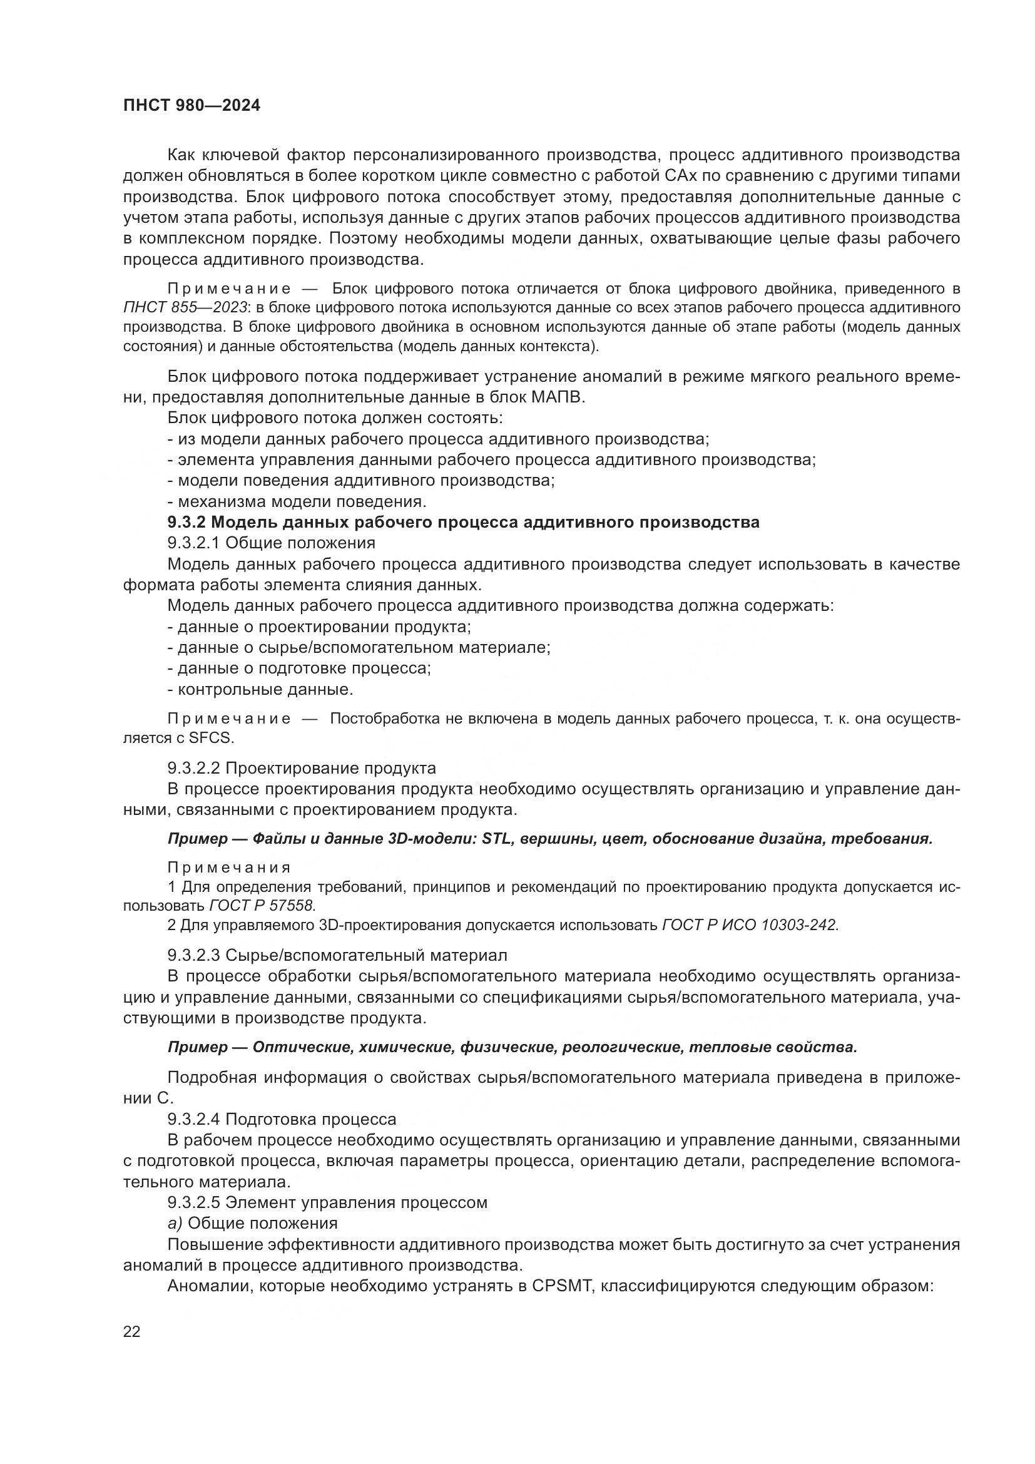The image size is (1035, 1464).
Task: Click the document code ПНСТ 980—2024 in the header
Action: (192, 106)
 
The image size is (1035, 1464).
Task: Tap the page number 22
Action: (132, 1332)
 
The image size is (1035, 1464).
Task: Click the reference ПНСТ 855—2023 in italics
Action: (185, 307)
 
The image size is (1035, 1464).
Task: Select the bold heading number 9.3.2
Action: (186, 522)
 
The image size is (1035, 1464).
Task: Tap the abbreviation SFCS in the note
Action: (212, 739)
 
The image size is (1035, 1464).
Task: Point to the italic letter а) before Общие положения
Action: (175, 1223)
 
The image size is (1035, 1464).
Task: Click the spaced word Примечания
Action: (230, 868)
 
